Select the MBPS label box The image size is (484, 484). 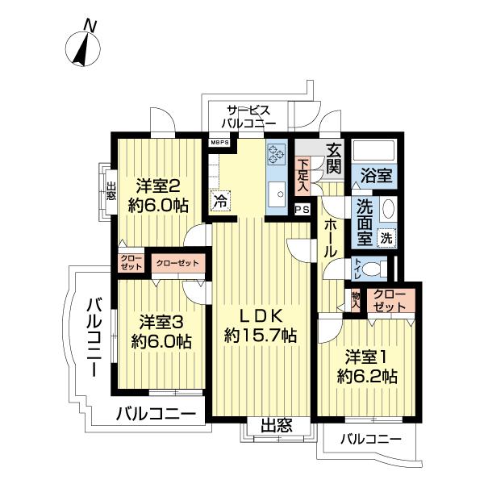[220, 143]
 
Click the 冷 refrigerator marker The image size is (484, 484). [219, 202]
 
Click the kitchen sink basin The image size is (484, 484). [276, 194]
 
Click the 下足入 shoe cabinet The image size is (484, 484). [303, 173]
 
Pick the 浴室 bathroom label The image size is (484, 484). [376, 175]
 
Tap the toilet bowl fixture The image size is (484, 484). [369, 269]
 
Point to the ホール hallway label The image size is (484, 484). [331, 240]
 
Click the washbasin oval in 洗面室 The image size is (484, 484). [388, 209]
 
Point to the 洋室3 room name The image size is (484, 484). [162, 320]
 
